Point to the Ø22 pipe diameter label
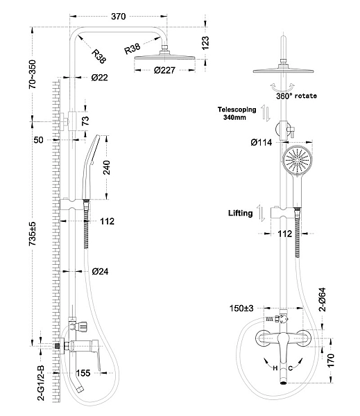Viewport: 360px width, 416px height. point(99,78)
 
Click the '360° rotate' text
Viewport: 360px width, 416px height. point(296,96)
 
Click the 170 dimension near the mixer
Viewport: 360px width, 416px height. point(332,360)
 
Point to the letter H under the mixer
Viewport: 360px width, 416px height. point(275,367)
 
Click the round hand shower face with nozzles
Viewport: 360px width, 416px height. point(297,164)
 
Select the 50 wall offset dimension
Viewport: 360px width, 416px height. point(38,140)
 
